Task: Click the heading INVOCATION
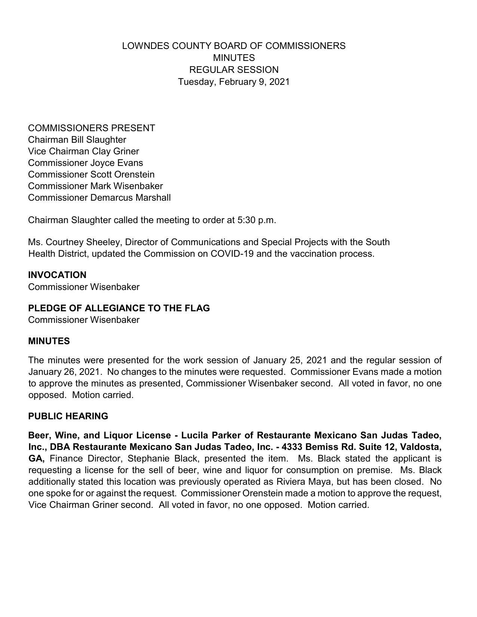click(x=57, y=275)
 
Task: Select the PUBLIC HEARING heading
click(x=68, y=416)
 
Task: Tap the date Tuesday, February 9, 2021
click(x=234, y=81)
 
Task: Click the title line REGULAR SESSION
click(x=234, y=70)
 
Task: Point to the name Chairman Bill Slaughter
click(x=77, y=140)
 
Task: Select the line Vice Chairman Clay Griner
click(x=83, y=151)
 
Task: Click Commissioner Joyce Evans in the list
click(x=85, y=163)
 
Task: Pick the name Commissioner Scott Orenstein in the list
click(x=91, y=175)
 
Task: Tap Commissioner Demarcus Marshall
click(x=99, y=198)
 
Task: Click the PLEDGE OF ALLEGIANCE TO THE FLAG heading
click(x=119, y=308)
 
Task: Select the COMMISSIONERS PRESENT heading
click(x=92, y=128)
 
